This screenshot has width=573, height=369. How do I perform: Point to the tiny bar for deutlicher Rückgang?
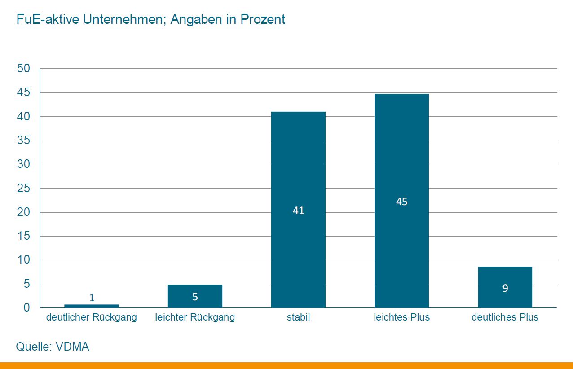[x=92, y=306]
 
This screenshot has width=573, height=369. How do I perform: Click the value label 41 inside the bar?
[x=298, y=211]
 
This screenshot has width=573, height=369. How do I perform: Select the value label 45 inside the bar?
[x=401, y=202]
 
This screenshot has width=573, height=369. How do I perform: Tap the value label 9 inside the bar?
[x=505, y=288]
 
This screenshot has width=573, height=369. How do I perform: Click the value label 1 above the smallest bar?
[x=92, y=298]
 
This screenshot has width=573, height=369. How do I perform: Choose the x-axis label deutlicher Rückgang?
[x=92, y=317]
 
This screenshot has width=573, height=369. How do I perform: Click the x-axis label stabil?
[x=298, y=317]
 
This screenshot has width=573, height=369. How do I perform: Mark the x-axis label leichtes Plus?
[x=401, y=317]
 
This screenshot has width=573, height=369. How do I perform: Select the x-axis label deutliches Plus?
[x=505, y=317]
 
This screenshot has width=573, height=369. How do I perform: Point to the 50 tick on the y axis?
[x=23, y=69]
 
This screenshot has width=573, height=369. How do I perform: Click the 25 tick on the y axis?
[x=23, y=189]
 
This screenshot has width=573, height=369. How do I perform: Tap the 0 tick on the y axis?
[x=27, y=308]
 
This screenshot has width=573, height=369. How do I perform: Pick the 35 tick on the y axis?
[x=23, y=141]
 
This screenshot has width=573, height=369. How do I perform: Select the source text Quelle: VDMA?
[x=53, y=347]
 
